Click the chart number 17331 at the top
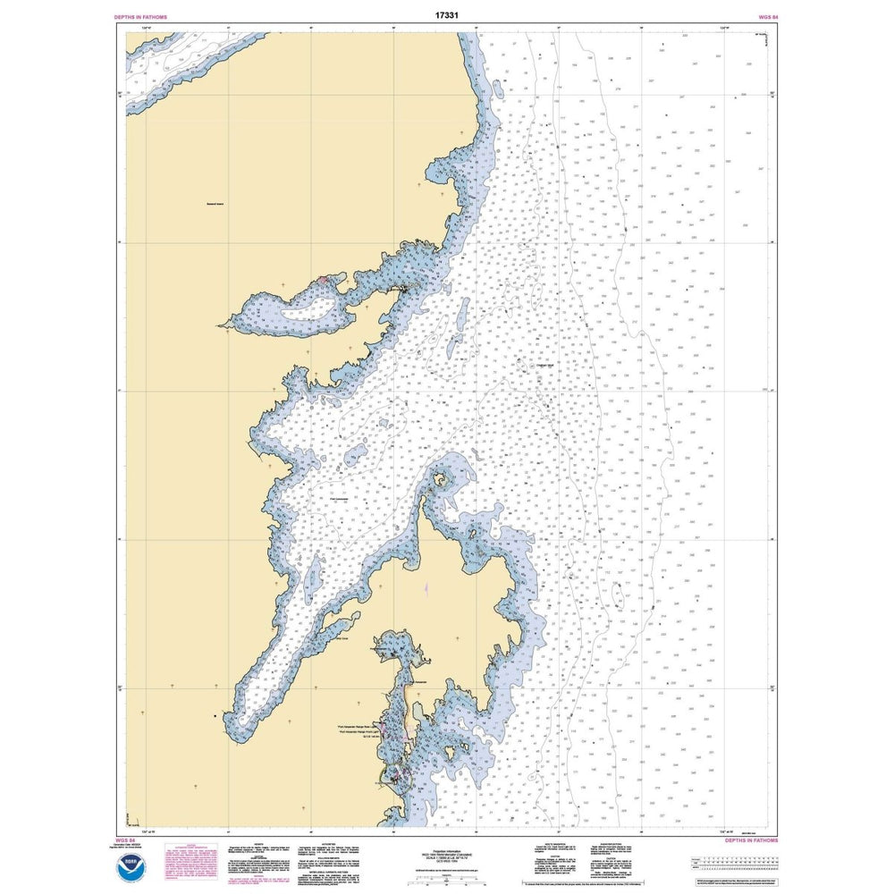click(x=448, y=15)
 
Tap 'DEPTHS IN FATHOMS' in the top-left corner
click(x=141, y=17)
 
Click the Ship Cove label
click(x=338, y=638)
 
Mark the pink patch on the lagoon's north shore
click(x=323, y=281)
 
